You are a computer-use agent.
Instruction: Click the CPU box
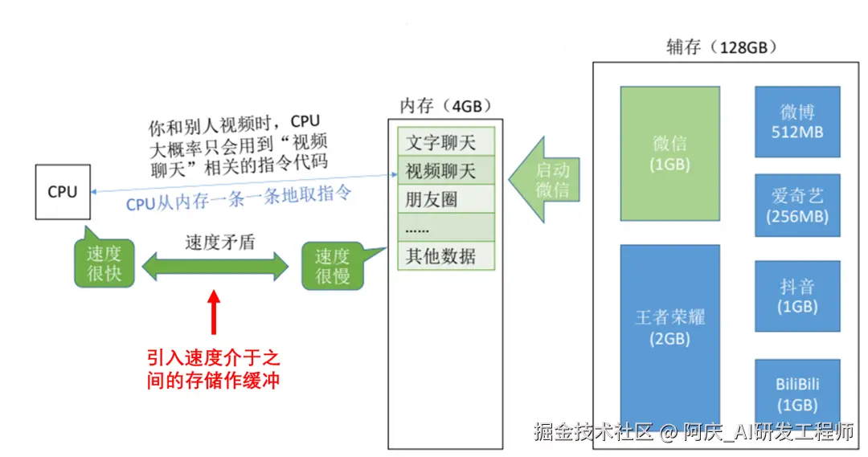(x=63, y=192)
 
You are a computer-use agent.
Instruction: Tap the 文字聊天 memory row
(x=446, y=142)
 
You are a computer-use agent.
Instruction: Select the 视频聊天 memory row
(x=446, y=170)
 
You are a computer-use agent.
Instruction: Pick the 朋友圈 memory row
(x=446, y=199)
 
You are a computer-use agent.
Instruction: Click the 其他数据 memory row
(x=446, y=256)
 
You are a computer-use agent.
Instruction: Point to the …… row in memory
(x=446, y=228)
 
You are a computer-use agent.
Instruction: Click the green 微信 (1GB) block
(x=669, y=153)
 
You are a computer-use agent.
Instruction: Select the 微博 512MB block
(x=796, y=121)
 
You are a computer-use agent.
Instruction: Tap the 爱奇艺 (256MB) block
(x=796, y=206)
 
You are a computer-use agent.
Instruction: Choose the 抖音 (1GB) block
(x=796, y=296)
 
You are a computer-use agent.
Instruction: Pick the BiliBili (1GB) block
(x=796, y=393)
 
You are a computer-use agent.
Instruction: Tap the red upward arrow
(x=213, y=312)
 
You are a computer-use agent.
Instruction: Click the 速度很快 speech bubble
(x=104, y=263)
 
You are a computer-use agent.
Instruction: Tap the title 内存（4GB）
(x=445, y=106)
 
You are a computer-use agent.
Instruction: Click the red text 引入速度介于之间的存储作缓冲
(x=213, y=369)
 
